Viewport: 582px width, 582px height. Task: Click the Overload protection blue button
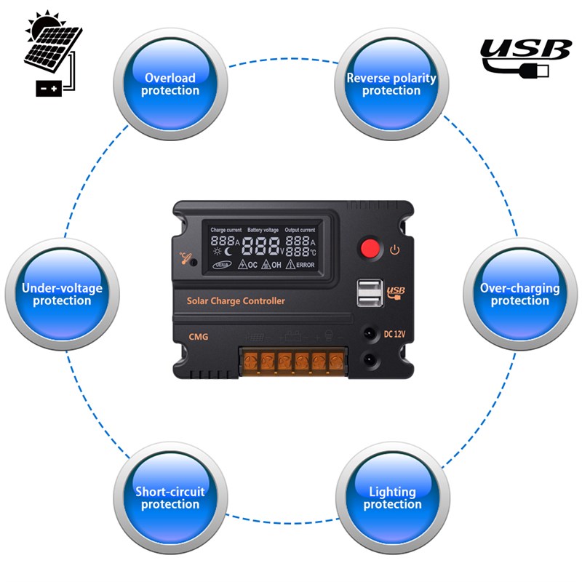coord(170,84)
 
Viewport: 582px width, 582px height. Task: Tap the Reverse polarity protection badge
coord(391,84)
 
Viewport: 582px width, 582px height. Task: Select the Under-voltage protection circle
coord(62,294)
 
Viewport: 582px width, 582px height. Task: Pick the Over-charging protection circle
coord(519,294)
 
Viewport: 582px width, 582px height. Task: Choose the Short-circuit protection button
coord(170,498)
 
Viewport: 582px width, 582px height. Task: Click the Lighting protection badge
coord(391,498)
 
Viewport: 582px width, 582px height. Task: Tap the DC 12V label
coord(394,335)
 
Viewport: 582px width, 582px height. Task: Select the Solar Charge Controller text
coord(236,301)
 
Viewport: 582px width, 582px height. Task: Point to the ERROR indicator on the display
coord(300,265)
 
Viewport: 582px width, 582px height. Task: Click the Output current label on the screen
coord(300,230)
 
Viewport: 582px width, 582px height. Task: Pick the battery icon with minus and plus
coord(49,87)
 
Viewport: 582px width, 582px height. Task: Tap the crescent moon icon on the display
coord(230,252)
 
